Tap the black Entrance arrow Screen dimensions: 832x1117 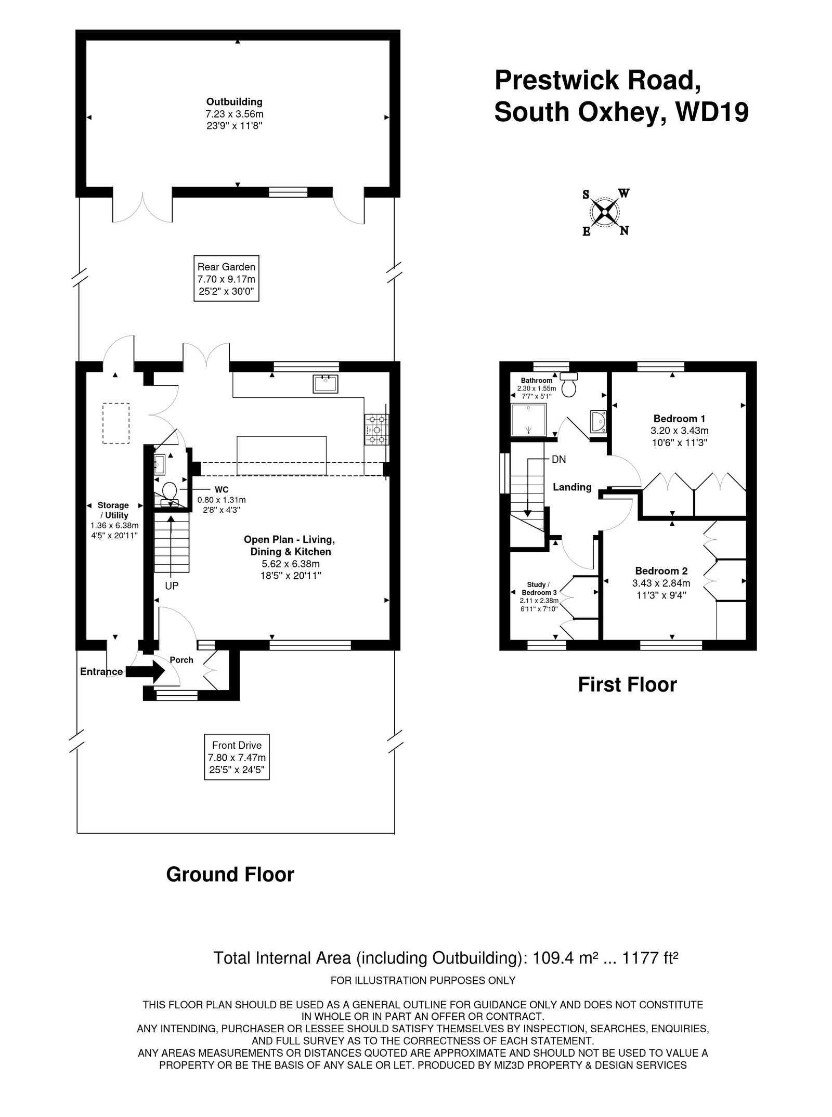click(x=146, y=671)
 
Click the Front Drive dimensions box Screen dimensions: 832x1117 click(x=237, y=757)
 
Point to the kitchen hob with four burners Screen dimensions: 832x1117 click(x=377, y=430)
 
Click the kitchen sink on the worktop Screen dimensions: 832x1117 click(x=326, y=383)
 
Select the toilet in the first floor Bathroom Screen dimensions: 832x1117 click(x=570, y=384)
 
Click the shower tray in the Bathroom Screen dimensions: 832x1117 click(x=528, y=420)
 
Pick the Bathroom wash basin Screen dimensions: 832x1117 click(x=599, y=420)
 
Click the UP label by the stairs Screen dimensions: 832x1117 click(x=172, y=586)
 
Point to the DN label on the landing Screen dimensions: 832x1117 click(x=558, y=460)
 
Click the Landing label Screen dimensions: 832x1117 click(x=572, y=487)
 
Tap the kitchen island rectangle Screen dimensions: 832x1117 click(x=281, y=456)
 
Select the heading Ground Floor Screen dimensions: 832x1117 click(x=230, y=874)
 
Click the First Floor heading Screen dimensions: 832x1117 click(x=627, y=684)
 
